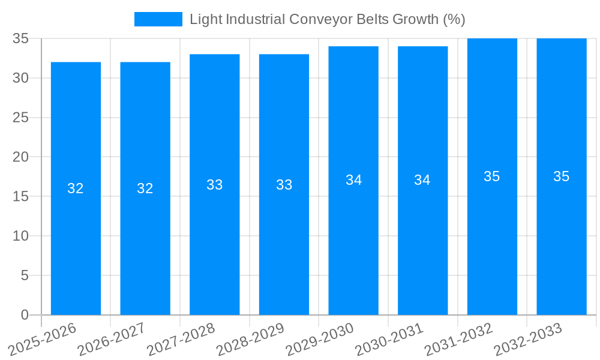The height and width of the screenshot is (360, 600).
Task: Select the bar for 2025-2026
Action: [x=76, y=188]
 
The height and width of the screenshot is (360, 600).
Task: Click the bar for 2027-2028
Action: [x=215, y=185]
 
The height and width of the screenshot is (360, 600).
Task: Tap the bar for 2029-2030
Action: [x=353, y=180]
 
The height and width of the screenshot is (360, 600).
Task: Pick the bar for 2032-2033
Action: [x=562, y=176]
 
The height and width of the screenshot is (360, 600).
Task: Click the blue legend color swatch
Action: [x=158, y=19]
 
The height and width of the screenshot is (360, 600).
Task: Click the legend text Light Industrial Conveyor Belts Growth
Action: [x=327, y=19]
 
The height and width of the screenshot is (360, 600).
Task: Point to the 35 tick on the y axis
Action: [x=21, y=38]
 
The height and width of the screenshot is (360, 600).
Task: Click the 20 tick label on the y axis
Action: [x=21, y=157]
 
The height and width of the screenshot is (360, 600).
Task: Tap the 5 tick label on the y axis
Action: [x=25, y=275]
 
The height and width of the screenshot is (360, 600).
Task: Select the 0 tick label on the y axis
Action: [x=25, y=315]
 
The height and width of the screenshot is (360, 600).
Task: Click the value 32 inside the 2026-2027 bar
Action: [x=145, y=188]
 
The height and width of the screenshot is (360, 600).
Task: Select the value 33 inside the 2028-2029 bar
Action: [x=284, y=185]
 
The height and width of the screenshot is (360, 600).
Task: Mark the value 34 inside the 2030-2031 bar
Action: [x=422, y=180]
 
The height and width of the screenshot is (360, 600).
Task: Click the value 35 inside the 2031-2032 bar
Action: [x=492, y=176]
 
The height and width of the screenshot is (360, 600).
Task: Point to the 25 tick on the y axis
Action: [x=21, y=118]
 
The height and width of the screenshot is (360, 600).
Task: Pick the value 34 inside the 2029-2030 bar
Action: [x=353, y=180]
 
